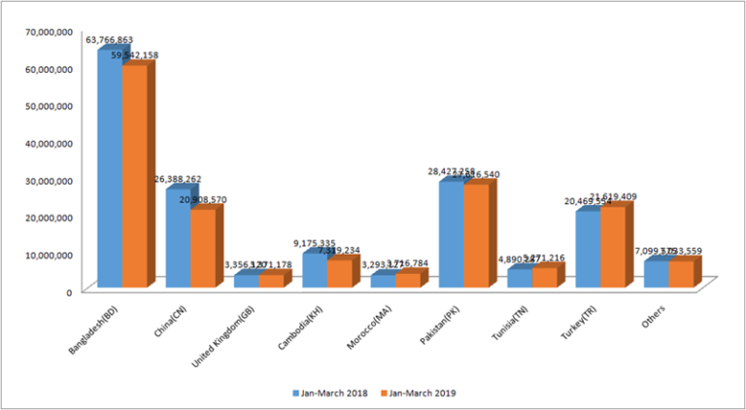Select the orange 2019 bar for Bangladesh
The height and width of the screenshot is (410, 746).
(x=134, y=176)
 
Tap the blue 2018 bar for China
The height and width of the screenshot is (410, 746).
(x=177, y=238)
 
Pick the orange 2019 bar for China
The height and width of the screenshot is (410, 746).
(x=202, y=249)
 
